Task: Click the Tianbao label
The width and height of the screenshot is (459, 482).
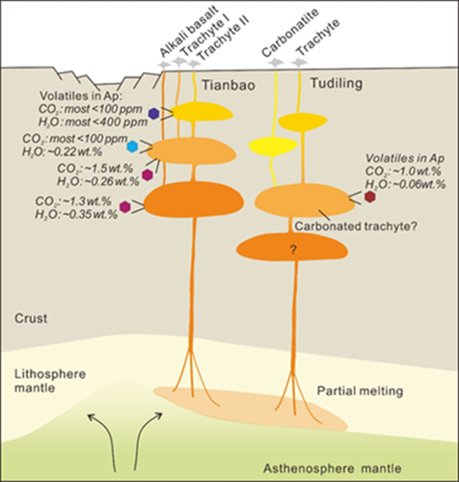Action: pos(229,85)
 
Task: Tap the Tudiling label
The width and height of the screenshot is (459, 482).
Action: pos(337,84)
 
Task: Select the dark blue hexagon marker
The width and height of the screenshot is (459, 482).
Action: pos(154,114)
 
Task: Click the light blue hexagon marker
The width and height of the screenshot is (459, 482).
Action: pos(132,147)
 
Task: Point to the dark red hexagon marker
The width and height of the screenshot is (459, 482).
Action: pos(370,197)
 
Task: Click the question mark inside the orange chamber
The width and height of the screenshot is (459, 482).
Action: pos(293,250)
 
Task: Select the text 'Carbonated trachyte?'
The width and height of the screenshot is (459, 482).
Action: pos(356,227)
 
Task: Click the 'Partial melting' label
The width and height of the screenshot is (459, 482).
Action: pos(360,391)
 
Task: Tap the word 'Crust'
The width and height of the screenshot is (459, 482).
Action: pos(31,318)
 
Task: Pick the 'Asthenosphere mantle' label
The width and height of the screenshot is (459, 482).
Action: pos(333,469)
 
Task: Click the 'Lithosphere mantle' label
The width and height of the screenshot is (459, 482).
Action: pos(50,381)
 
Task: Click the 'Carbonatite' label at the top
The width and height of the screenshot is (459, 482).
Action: pos(290,33)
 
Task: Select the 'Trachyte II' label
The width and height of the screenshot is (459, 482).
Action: pos(223,39)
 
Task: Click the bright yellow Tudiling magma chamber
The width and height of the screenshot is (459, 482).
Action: pos(274,145)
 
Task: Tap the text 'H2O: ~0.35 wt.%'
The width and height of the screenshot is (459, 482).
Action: pos(76,214)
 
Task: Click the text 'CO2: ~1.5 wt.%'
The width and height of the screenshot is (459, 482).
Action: pos(95,169)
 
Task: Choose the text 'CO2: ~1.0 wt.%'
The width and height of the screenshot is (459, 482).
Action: pos(403,172)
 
